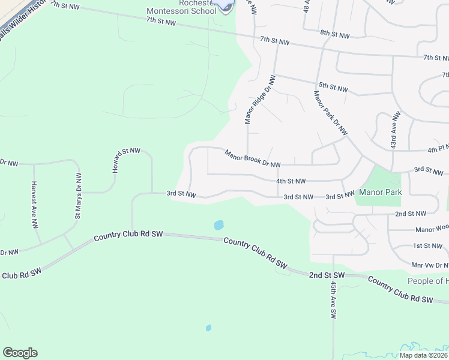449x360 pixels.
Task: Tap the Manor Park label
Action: click(x=379, y=192)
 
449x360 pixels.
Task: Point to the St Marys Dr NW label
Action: click(x=77, y=196)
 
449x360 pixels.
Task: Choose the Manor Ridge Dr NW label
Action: click(x=259, y=100)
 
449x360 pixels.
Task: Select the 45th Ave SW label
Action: click(x=333, y=297)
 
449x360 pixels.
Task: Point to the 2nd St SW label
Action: click(x=327, y=275)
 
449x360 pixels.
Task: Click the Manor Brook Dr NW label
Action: click(x=253, y=160)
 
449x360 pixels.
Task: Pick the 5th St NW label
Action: click(x=333, y=88)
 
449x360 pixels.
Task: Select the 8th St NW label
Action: click(x=334, y=35)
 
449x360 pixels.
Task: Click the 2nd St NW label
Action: click(x=410, y=213)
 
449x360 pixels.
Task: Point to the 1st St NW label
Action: click(x=427, y=245)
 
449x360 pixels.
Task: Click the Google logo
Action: click(x=20, y=353)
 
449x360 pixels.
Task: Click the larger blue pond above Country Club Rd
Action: click(x=218, y=226)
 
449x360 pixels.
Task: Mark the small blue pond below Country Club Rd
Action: click(x=208, y=328)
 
